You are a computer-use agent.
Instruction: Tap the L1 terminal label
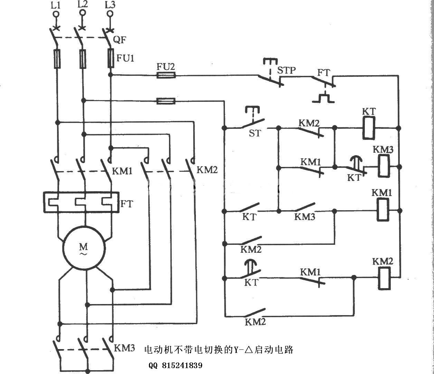[x=55, y=5]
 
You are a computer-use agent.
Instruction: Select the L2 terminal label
[x=83, y=4]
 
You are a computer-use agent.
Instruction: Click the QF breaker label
[x=120, y=40]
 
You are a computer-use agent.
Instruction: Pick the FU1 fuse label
[x=125, y=58]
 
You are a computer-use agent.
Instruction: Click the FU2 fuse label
[x=166, y=66]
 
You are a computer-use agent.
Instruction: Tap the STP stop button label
[x=287, y=70]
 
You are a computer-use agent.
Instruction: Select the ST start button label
[x=255, y=133]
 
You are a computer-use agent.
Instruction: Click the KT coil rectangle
[x=369, y=128]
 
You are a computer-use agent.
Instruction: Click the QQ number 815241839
[x=176, y=365]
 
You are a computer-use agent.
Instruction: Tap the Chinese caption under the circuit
[x=218, y=349]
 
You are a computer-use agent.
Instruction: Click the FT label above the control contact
[x=324, y=73]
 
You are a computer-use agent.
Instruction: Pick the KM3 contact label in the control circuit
[x=304, y=217]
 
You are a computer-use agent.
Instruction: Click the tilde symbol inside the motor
[x=84, y=254]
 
